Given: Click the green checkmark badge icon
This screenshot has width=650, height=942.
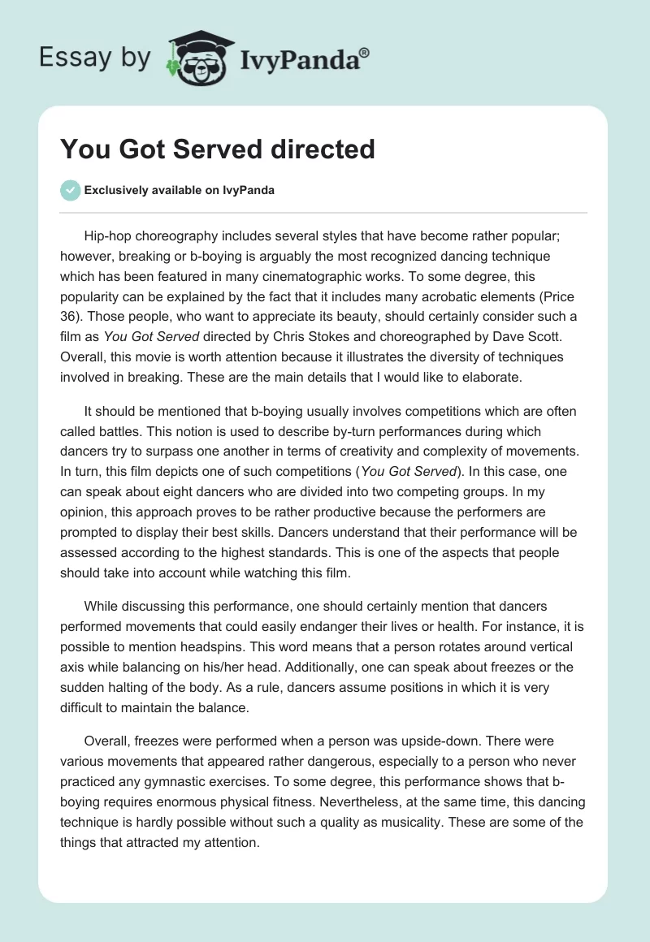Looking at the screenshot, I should [70, 190].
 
